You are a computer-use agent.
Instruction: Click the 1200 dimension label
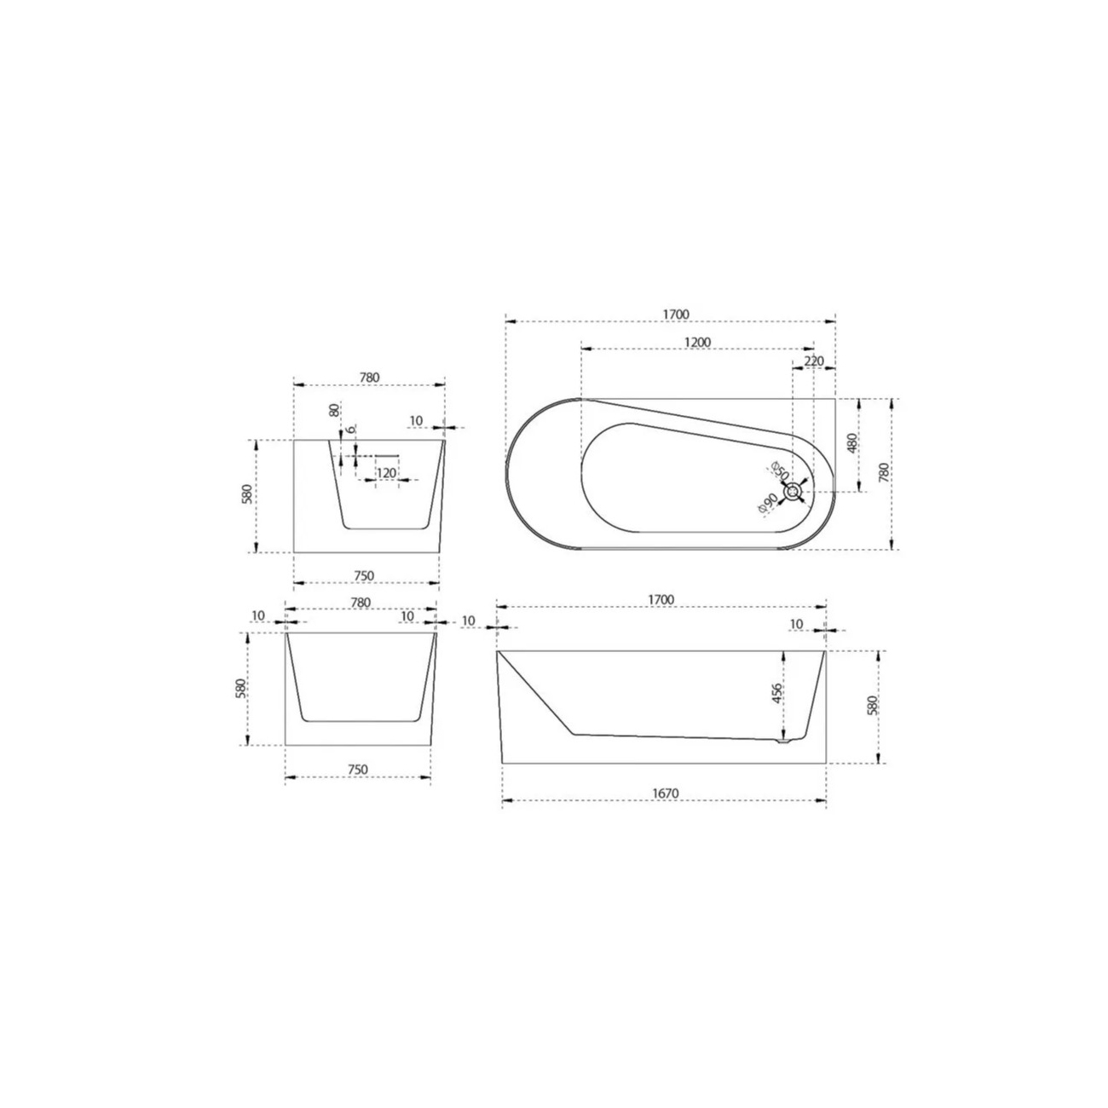pyautogui.click(x=697, y=342)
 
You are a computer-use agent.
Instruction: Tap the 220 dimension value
pyautogui.click(x=814, y=361)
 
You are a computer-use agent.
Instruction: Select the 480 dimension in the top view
pyautogui.click(x=851, y=442)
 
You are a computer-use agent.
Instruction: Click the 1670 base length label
pyautogui.click(x=666, y=793)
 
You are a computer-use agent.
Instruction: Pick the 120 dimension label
pyautogui.click(x=386, y=473)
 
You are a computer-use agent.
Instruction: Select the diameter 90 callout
pyautogui.click(x=767, y=504)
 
